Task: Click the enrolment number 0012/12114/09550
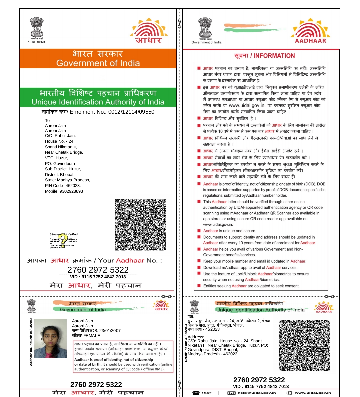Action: [131, 112]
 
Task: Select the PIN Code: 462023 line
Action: [63, 186]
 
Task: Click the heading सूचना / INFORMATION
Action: [264, 56]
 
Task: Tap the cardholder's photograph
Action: [50, 338]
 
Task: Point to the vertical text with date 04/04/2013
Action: [31, 342]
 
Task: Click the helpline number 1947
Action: [206, 393]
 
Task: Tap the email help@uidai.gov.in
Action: [257, 393]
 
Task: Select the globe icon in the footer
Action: [290, 393]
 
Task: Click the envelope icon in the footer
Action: [231, 393]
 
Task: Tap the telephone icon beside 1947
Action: [196, 393]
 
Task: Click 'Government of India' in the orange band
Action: [98, 63]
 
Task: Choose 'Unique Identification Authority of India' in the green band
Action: [98, 102]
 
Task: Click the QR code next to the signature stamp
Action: [141, 225]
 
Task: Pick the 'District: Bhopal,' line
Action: [60, 175]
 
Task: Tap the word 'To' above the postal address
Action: [47, 121]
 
